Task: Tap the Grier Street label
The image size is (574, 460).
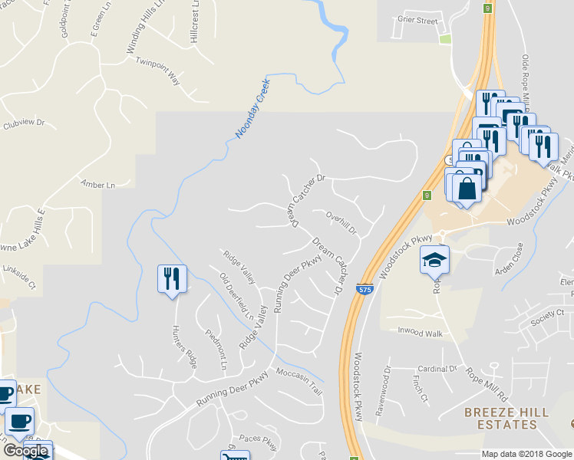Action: click(x=417, y=21)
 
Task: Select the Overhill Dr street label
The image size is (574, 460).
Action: click(x=341, y=222)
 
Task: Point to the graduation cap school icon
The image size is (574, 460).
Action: click(x=434, y=261)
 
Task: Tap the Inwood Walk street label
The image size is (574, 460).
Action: click(x=420, y=331)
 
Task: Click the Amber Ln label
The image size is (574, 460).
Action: click(x=97, y=185)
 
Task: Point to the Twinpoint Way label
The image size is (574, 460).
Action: click(x=157, y=69)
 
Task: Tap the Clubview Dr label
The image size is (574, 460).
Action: click(x=25, y=123)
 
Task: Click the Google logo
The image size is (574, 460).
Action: click(x=25, y=451)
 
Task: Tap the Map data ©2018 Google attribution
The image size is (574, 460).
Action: click(x=526, y=454)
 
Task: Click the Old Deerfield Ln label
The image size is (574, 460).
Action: click(x=236, y=296)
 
